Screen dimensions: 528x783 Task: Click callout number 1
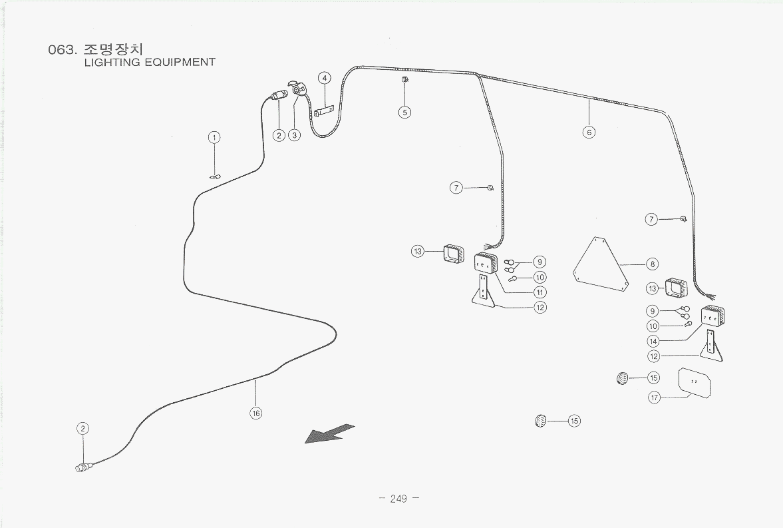[214, 138]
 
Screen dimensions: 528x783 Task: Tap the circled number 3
[295, 135]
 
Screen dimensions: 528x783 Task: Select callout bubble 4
[324, 78]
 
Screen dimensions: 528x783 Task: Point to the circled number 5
[405, 112]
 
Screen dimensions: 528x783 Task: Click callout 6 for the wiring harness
[589, 132]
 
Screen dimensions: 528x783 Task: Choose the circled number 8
[652, 264]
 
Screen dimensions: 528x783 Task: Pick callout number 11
[540, 292]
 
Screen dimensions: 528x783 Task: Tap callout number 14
[653, 342]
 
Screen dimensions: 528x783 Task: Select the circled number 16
[255, 413]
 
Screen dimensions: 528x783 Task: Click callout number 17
[655, 397]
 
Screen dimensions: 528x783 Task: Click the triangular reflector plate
[599, 266]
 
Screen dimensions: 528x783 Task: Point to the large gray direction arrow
[329, 434]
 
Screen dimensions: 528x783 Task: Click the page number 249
[398, 499]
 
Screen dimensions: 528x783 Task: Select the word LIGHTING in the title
[112, 63]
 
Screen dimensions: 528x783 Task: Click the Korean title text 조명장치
[115, 49]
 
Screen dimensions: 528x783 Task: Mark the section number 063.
[63, 49]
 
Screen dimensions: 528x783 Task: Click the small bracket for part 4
[323, 111]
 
